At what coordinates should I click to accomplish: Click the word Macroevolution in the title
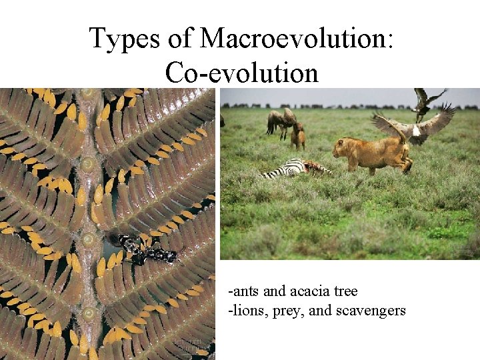point(297,39)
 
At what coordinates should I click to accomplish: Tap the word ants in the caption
point(244,291)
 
